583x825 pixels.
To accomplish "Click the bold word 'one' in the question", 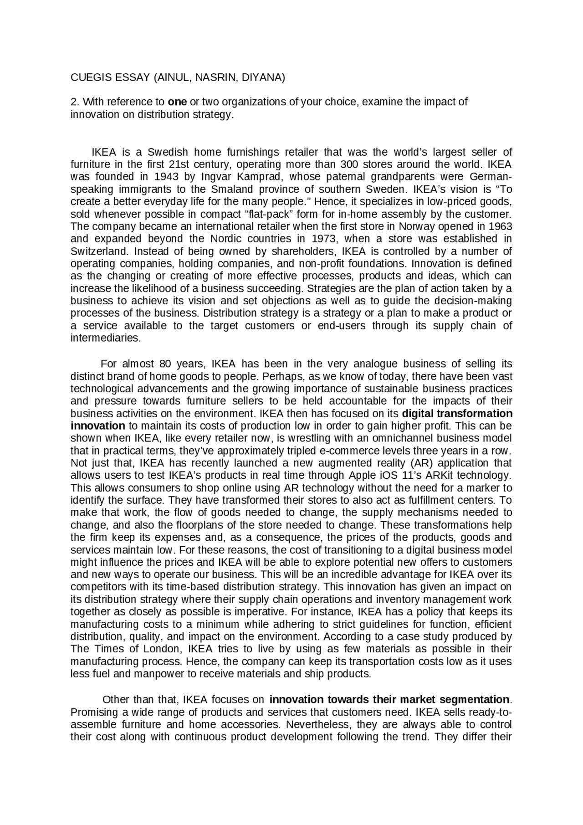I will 177,102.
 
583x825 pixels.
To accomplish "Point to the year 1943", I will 166,177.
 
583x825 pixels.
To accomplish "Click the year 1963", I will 500,226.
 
